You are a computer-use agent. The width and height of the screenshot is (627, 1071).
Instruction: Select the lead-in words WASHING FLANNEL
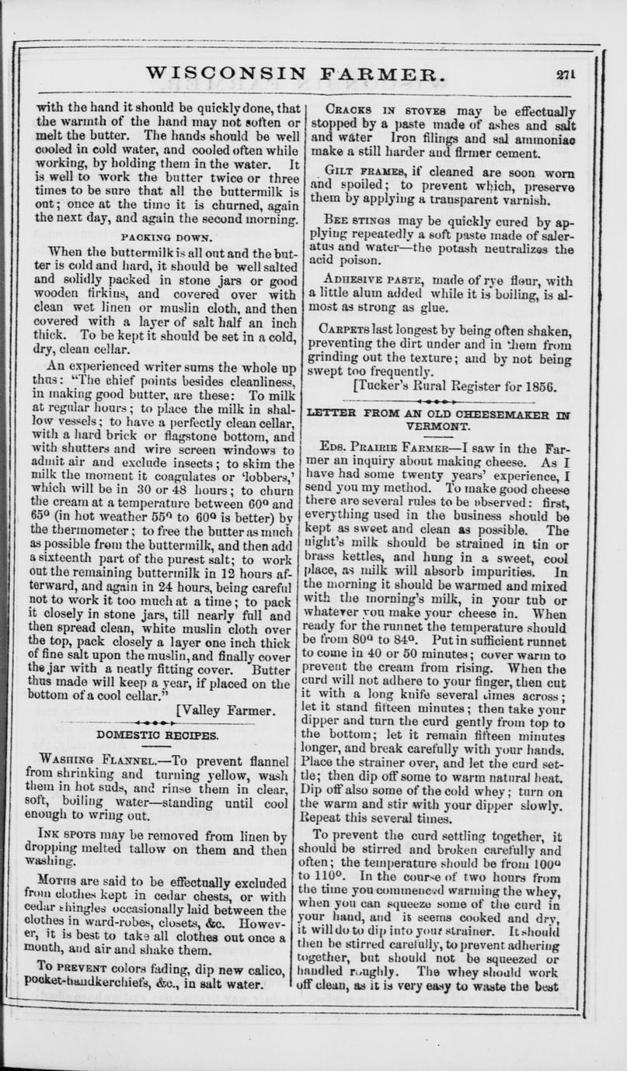(99, 761)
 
